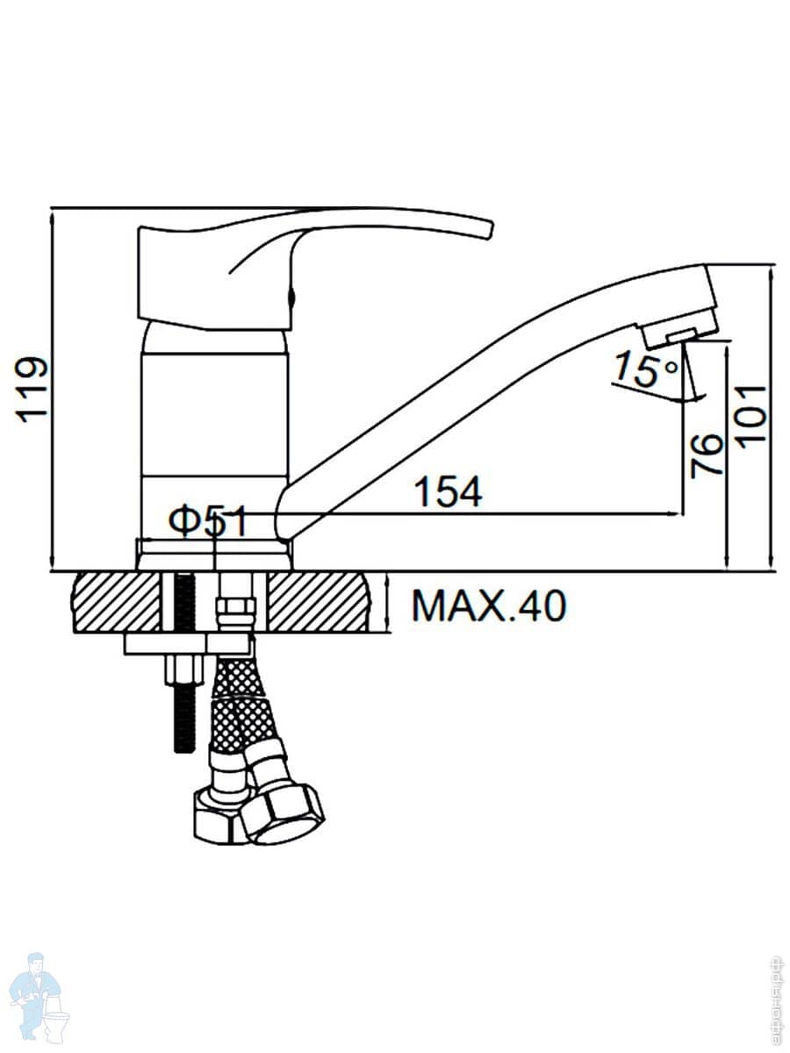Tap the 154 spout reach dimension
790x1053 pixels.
click(448, 492)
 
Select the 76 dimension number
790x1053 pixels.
click(707, 454)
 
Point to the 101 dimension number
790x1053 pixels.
click(752, 414)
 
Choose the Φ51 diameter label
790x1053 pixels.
click(208, 522)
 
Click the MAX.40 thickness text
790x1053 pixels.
click(489, 605)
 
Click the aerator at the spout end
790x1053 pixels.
click(680, 332)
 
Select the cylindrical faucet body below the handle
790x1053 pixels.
click(215, 412)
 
